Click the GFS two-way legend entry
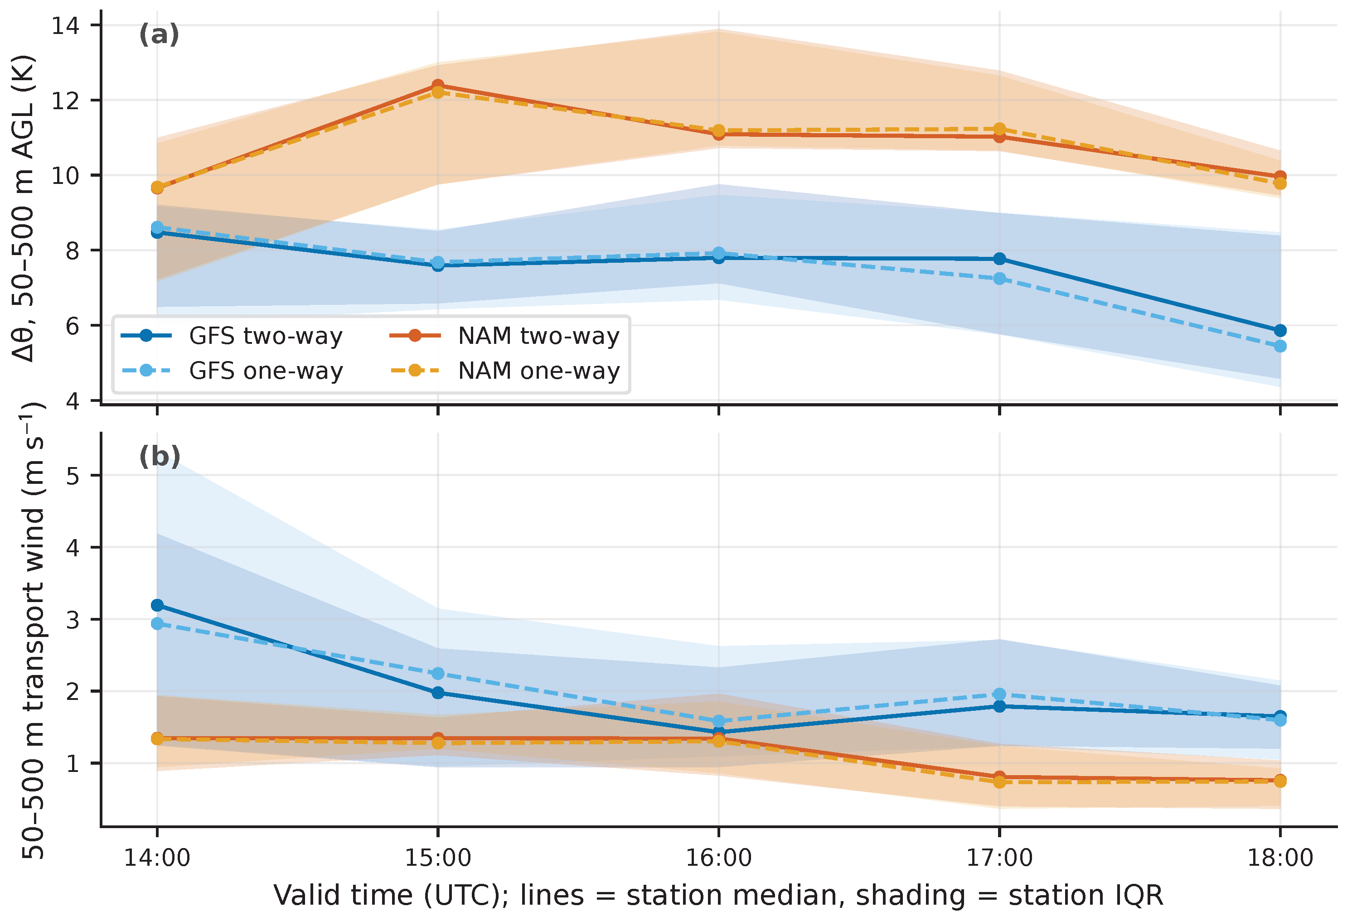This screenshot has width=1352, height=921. [x=232, y=336]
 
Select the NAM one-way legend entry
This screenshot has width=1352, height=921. [x=505, y=371]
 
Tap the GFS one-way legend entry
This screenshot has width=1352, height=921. [x=232, y=371]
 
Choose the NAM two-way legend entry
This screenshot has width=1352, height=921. [x=505, y=336]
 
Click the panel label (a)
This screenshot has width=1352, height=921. [x=159, y=35]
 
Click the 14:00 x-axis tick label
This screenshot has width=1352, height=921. [x=157, y=858]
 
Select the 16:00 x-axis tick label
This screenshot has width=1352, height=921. [x=718, y=858]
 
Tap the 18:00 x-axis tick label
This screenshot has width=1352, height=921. [x=1280, y=858]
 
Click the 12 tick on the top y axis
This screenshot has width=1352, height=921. [x=65, y=101]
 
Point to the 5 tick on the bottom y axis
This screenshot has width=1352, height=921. [x=72, y=476]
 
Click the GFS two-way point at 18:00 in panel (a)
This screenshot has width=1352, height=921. [x=1280, y=330]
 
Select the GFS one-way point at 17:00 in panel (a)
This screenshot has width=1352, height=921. [x=999, y=279]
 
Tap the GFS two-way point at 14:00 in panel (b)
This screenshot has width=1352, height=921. [x=157, y=605]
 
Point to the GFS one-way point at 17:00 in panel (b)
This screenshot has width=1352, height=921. [x=999, y=694]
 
